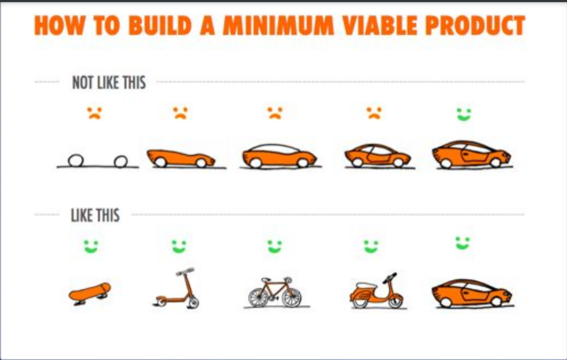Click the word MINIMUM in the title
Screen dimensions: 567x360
(278, 26)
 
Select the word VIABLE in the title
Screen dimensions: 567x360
(379, 26)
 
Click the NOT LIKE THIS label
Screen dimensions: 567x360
(109, 83)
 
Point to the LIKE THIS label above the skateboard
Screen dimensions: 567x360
(95, 215)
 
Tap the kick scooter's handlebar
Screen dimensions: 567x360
(185, 272)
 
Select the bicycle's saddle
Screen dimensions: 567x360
(266, 280)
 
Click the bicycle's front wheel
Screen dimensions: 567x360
(292, 297)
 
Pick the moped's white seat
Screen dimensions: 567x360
(366, 286)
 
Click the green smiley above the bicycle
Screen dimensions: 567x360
(275, 247)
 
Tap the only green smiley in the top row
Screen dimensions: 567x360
(464, 115)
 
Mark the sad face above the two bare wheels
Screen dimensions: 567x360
(94, 113)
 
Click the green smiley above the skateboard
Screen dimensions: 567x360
(91, 247)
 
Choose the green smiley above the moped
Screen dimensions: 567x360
(371, 247)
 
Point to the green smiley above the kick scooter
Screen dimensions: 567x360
(179, 247)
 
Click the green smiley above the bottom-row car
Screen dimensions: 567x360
(463, 243)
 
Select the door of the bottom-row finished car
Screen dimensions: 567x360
(475, 293)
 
